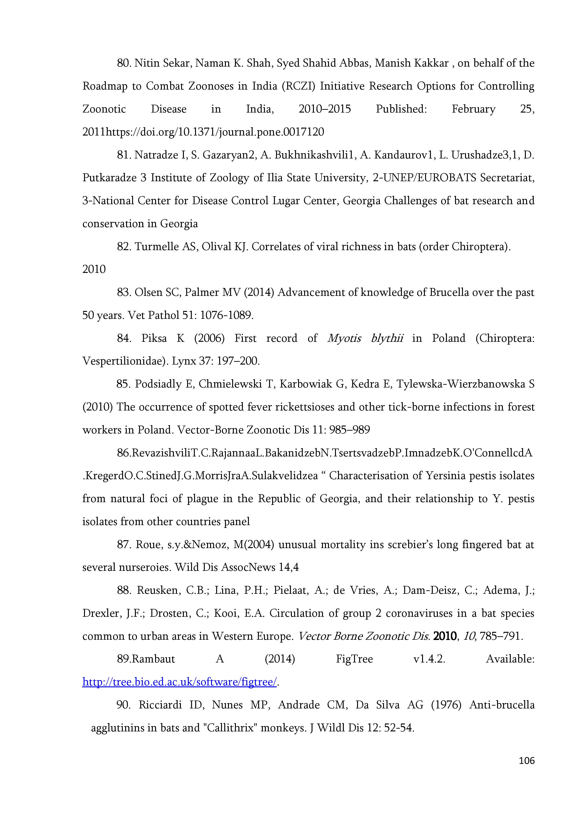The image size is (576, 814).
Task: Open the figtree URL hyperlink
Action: click(x=179, y=682)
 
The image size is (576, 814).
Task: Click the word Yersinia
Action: click(x=449, y=475)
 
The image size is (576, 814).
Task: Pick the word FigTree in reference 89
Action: click(x=354, y=659)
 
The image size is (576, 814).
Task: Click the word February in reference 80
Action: click(x=473, y=109)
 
